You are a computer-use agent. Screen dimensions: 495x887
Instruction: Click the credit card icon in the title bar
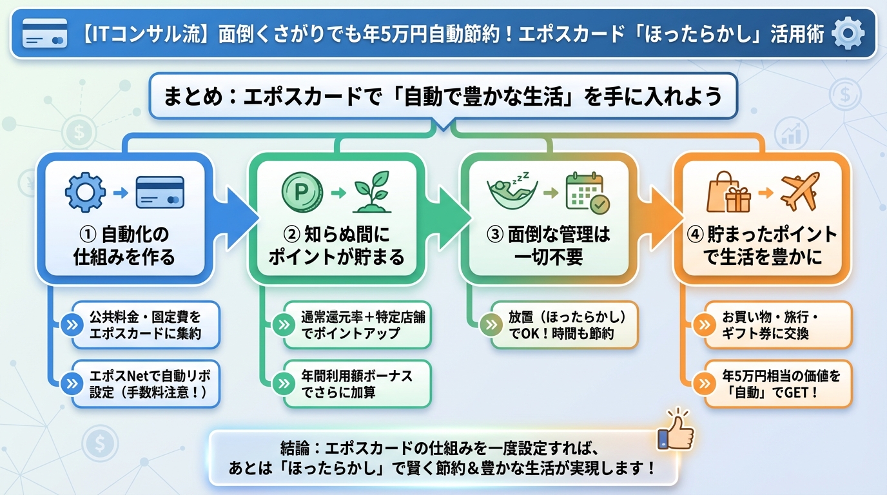[44, 33]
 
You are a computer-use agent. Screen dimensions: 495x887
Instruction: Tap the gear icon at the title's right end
[848, 34]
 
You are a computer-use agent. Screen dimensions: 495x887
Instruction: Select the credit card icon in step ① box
[160, 192]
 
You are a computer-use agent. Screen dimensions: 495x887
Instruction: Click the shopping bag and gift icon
[728, 192]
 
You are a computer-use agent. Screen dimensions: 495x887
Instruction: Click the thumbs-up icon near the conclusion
[675, 431]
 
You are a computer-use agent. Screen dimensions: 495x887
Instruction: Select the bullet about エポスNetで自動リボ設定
[145, 383]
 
